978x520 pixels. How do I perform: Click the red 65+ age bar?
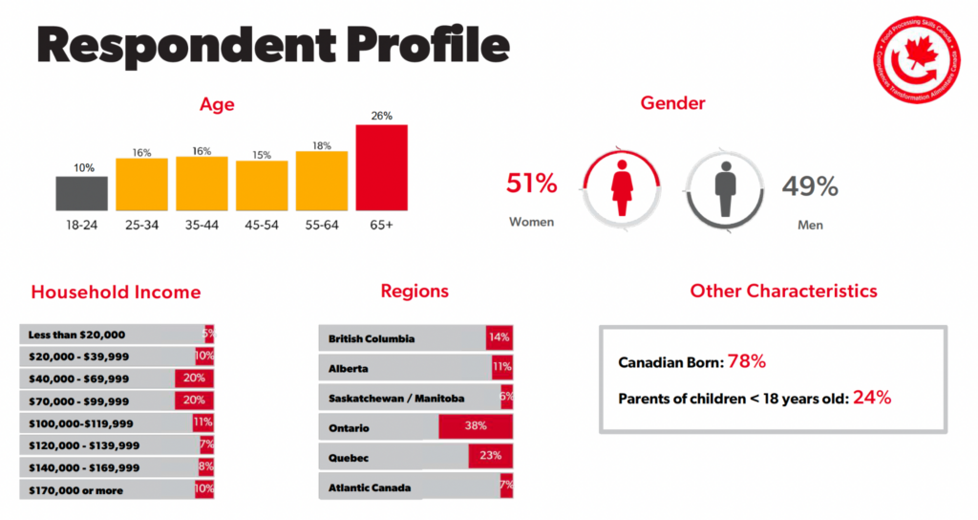[x=382, y=167]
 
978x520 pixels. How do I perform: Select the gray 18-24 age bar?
[x=82, y=193]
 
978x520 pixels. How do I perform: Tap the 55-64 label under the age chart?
[x=322, y=226]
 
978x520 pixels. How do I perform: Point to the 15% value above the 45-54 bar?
[x=262, y=155]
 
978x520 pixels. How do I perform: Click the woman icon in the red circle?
[x=622, y=186]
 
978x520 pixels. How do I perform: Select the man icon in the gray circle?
[x=725, y=186]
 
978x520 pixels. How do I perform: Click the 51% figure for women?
[x=531, y=184]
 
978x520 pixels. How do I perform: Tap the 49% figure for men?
[x=810, y=185]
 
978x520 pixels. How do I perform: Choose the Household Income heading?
[x=116, y=292]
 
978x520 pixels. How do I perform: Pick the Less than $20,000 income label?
[x=76, y=335]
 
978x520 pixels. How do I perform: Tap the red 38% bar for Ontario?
[x=476, y=427]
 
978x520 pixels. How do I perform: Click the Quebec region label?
[x=349, y=457]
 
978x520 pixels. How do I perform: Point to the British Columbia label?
[x=372, y=338]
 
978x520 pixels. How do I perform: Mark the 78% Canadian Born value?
[x=747, y=361]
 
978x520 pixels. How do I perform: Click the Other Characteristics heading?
[x=783, y=291]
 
